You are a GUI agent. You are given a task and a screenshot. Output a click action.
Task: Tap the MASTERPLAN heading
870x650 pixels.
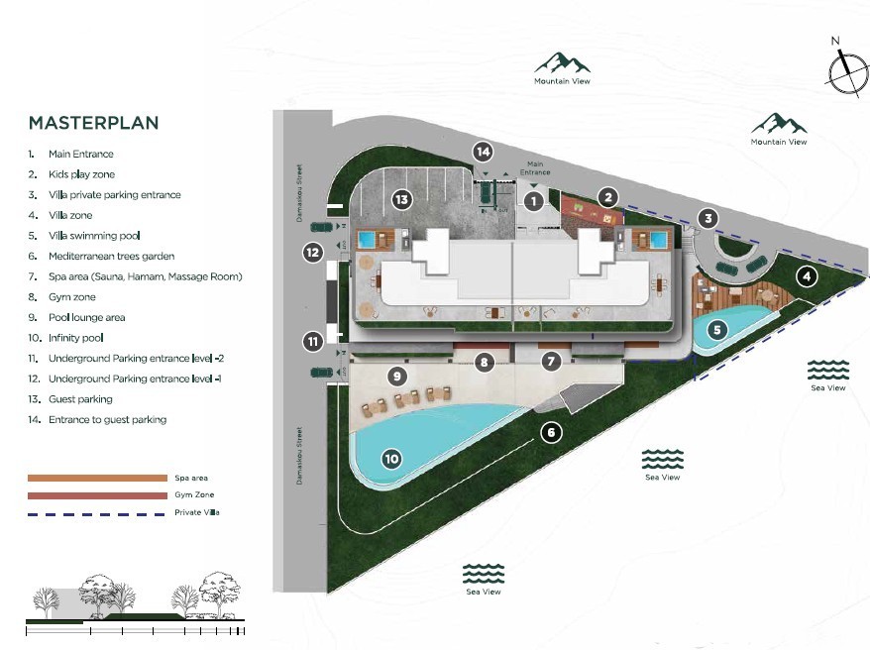click(93, 124)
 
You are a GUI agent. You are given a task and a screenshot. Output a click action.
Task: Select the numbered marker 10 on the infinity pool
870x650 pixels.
click(392, 458)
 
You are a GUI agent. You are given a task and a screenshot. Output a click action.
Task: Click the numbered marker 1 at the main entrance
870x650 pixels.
click(533, 201)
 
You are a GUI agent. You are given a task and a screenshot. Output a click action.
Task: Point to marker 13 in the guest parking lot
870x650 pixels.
click(401, 199)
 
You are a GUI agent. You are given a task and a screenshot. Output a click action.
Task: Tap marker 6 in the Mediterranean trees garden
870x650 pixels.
click(552, 432)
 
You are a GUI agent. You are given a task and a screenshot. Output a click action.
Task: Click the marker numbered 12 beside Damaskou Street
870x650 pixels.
click(313, 252)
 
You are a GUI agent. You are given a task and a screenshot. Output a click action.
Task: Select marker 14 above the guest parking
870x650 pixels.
click(483, 152)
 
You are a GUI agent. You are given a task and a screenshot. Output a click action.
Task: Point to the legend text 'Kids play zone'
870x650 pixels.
click(82, 174)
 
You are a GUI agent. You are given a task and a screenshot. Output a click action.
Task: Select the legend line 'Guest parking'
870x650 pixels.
click(80, 399)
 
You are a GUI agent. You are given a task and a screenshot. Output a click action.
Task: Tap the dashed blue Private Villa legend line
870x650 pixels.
click(97, 512)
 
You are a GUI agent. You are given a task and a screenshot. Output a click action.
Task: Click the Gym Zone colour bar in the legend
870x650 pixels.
click(97, 495)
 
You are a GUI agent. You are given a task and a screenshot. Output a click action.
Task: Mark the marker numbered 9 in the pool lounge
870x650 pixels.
click(396, 376)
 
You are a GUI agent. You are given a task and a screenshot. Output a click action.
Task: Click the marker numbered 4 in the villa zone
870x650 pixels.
click(808, 276)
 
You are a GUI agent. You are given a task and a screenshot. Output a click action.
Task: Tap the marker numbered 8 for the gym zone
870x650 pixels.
click(484, 362)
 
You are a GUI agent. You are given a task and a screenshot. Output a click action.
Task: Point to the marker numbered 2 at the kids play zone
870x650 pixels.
click(608, 197)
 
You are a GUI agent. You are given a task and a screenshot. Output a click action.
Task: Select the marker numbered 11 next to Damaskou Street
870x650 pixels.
click(313, 342)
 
